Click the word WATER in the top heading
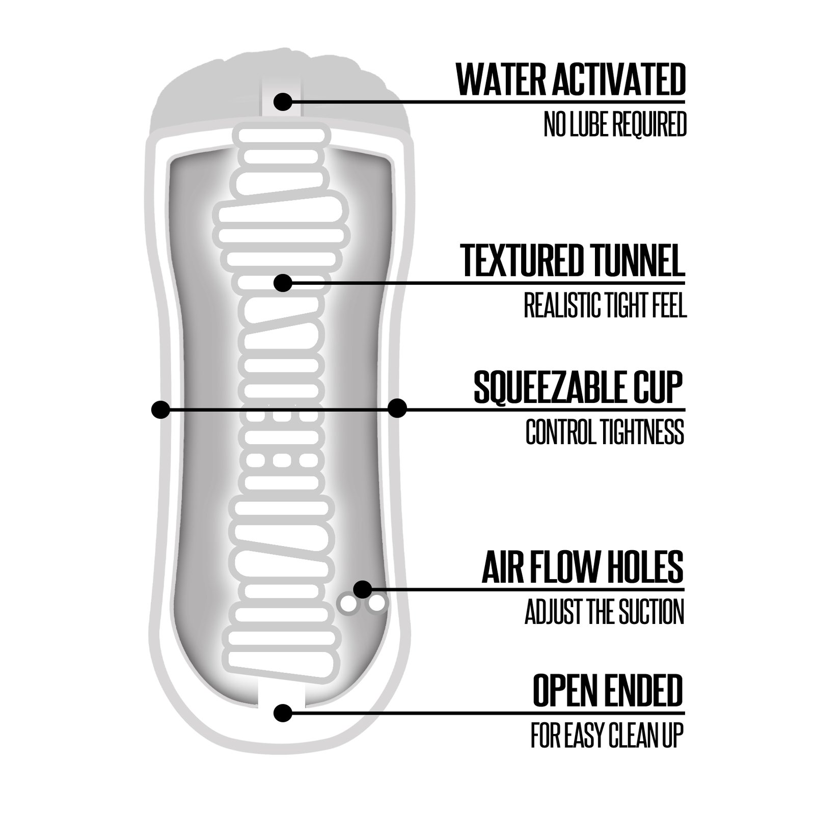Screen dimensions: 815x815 coord(497,80)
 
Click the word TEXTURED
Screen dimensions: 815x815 coord(519,260)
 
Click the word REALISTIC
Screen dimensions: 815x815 coord(559,305)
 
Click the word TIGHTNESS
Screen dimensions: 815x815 coord(643,432)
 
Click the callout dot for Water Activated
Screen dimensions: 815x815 coord(283,102)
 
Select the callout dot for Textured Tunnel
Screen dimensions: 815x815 coord(283,283)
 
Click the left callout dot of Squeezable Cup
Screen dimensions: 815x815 coord(160,409)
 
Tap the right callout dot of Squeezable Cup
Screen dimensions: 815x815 coord(397,409)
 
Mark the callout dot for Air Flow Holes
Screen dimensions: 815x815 coord(363,589)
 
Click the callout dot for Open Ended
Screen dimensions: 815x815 coord(283,713)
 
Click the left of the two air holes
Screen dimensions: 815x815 coord(349,605)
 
